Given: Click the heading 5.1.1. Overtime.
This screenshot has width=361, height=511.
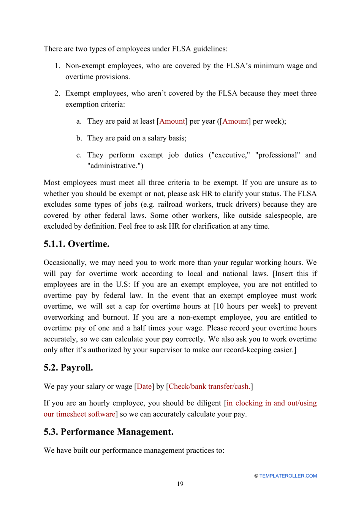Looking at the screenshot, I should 76,244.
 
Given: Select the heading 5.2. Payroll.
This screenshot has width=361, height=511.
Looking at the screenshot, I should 68,368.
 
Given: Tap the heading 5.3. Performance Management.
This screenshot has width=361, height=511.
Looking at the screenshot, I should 108,432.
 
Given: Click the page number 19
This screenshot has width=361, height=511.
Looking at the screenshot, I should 180,484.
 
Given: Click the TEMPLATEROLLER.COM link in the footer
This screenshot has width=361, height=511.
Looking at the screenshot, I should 288,476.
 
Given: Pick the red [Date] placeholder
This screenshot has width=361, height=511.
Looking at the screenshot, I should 144,387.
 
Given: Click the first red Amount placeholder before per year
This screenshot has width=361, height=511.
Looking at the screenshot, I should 172,121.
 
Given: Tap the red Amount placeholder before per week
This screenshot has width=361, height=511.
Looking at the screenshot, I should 235,121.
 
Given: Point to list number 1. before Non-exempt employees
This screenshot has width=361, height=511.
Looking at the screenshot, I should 57,66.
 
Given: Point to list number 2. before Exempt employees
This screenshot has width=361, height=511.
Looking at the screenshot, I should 57,94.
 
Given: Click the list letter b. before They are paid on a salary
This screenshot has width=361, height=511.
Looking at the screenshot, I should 79,138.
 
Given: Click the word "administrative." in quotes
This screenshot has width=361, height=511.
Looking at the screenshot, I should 115,166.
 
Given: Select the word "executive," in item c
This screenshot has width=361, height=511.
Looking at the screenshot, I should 230,155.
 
